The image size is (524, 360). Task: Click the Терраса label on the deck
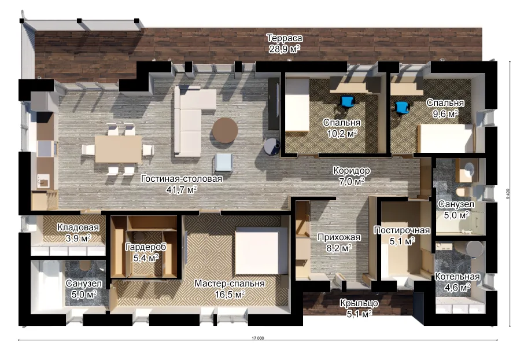click(285, 38)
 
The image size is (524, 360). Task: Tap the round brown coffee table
click(225, 130)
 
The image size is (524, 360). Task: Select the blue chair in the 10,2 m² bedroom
click(347, 102)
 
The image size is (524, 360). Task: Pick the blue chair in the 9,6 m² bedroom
click(402, 108)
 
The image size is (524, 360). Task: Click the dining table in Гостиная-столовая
click(119, 149)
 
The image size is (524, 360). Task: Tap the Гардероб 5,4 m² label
click(146, 252)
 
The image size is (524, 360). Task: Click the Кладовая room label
click(78, 227)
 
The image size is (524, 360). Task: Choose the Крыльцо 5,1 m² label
click(359, 308)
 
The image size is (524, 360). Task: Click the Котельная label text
click(457, 277)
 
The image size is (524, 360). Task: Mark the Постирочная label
click(402, 230)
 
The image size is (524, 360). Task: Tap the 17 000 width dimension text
click(257, 338)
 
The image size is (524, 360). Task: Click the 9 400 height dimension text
click(508, 194)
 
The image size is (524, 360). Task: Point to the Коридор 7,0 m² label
click(352, 176)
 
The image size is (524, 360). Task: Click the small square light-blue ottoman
click(223, 163)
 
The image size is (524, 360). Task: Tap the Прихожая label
click(339, 237)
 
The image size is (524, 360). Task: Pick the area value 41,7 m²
click(182, 190)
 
